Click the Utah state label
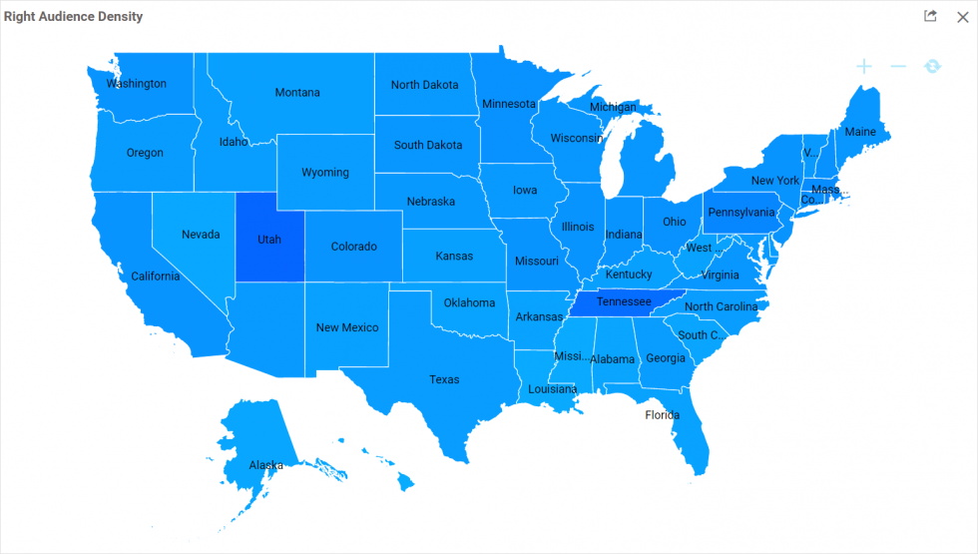(269, 240)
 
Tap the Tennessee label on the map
(624, 301)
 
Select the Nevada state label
(201, 235)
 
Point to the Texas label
(444, 379)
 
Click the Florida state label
(662, 415)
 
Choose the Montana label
(297, 93)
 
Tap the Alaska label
(266, 465)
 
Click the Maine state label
(860, 132)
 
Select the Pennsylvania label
(740, 213)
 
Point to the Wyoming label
(325, 173)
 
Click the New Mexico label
(347, 327)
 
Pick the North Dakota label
(425, 85)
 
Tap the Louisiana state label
(553, 389)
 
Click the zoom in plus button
(864, 66)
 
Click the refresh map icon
(932, 66)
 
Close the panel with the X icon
(962, 17)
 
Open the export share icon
(930, 16)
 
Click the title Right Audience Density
(73, 17)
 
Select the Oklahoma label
(469, 302)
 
